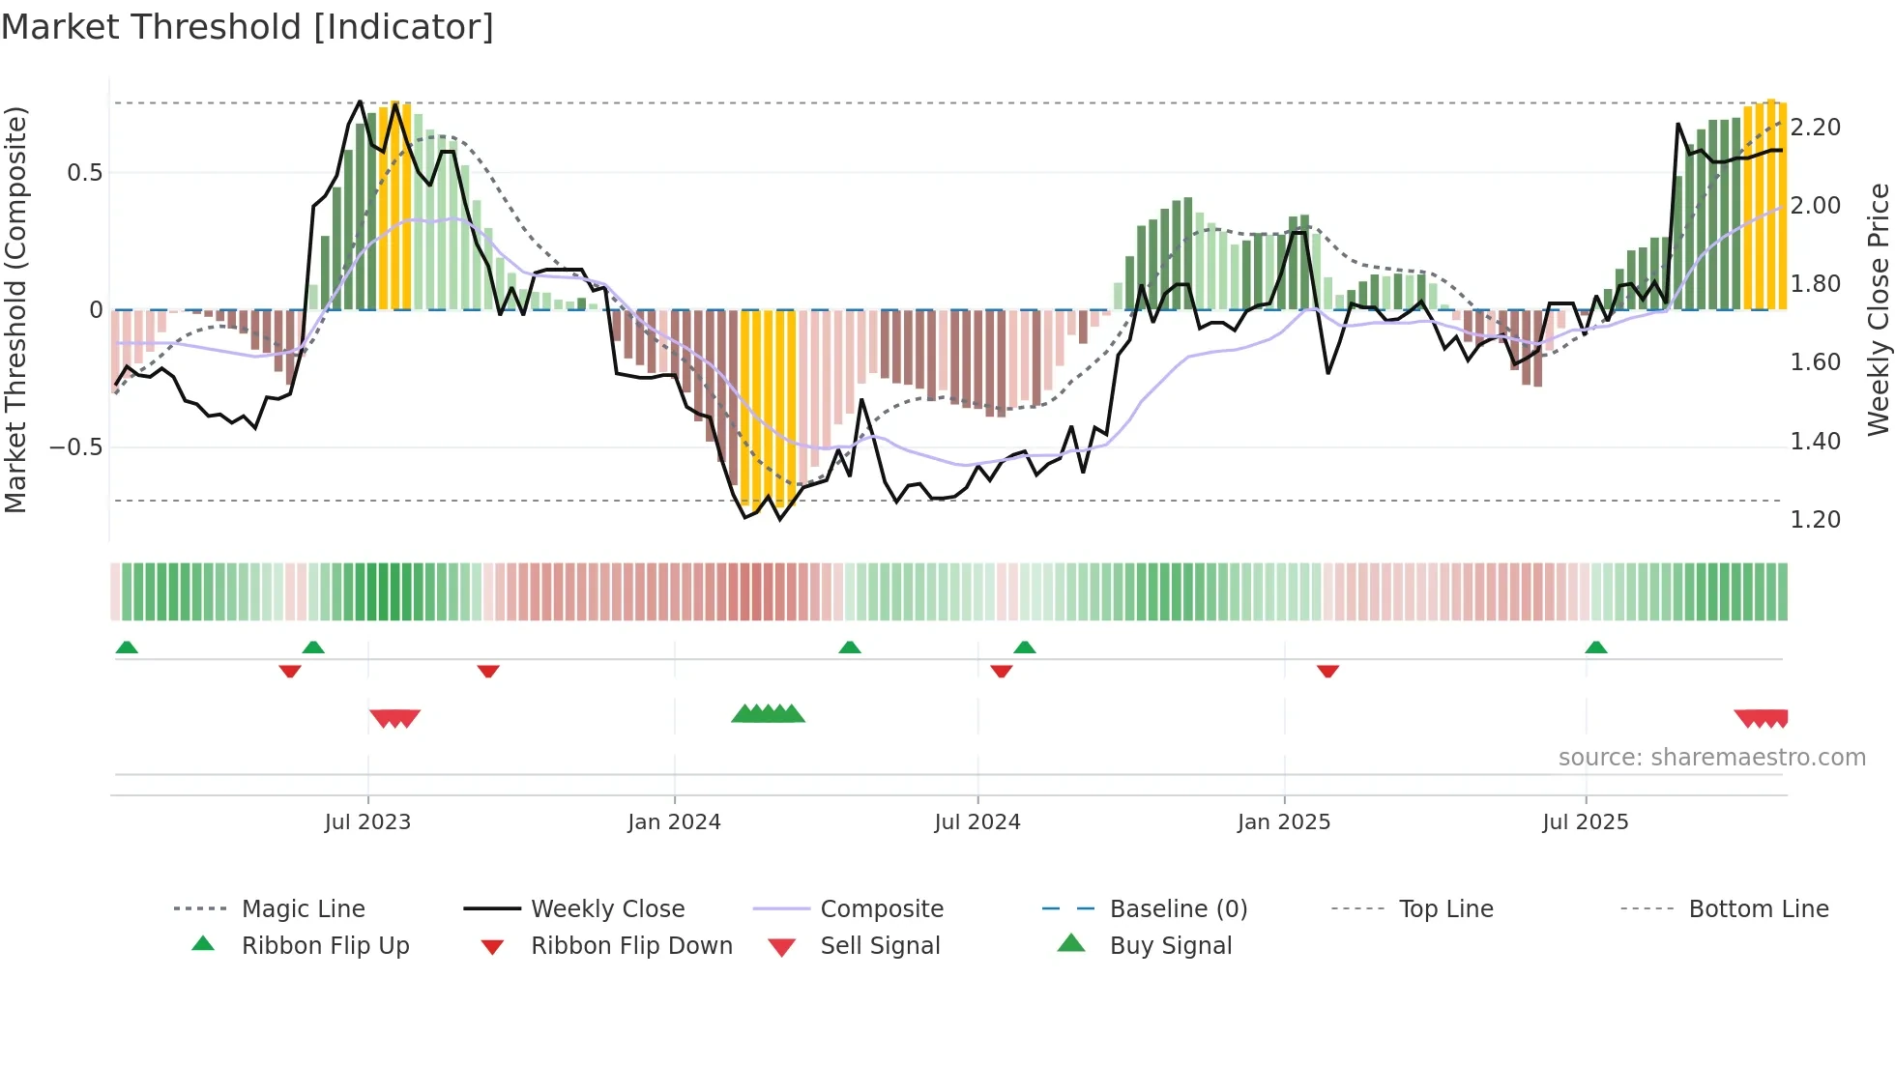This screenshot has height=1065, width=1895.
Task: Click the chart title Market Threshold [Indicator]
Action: coord(248,27)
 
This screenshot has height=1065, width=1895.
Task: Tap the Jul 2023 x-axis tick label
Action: coord(367,822)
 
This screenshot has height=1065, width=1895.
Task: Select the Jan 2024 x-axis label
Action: coord(674,822)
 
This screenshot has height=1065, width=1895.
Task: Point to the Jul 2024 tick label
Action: coord(977,822)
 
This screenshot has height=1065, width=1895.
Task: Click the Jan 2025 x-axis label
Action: coord(1284,822)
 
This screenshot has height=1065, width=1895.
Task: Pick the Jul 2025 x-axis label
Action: coord(1586,822)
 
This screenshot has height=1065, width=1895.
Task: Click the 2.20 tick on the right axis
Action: coord(1816,128)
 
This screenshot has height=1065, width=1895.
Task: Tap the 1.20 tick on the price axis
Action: coord(1816,520)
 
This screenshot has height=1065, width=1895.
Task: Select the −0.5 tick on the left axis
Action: coord(75,447)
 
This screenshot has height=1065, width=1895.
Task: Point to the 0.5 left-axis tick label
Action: coord(84,173)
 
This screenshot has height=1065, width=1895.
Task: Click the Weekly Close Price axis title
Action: coord(1878,309)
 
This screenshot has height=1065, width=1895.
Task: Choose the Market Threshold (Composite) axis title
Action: coord(15,309)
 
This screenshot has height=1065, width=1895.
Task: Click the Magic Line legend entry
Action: coord(303,909)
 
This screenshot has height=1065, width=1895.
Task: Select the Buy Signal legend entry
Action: coord(1170,946)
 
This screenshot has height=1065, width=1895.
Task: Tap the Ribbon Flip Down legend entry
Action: coord(630,946)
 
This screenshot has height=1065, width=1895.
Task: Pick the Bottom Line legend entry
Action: coord(1758,909)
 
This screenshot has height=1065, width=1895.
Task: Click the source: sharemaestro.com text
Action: coord(1711,758)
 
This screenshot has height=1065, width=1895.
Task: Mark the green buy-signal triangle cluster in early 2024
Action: coord(769,714)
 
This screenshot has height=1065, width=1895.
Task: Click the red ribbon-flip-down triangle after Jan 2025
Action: coord(1327,671)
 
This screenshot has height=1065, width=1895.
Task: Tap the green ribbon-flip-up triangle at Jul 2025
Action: coord(1596,648)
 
